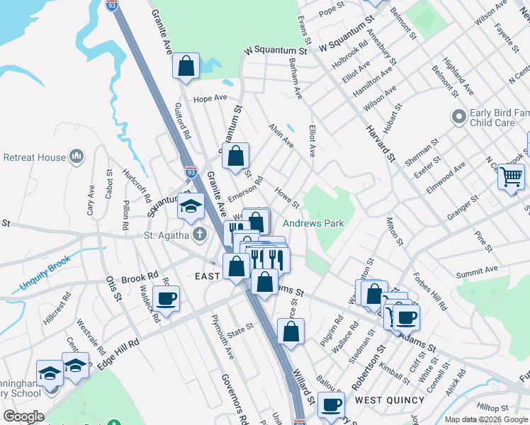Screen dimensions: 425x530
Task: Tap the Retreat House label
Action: click(34, 157)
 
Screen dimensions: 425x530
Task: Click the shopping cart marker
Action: click(511, 176)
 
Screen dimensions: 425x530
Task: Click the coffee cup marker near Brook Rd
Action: click(166, 298)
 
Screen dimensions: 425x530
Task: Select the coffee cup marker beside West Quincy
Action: click(330, 404)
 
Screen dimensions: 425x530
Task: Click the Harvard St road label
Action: click(379, 142)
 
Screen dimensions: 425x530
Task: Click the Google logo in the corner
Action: click(23, 416)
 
